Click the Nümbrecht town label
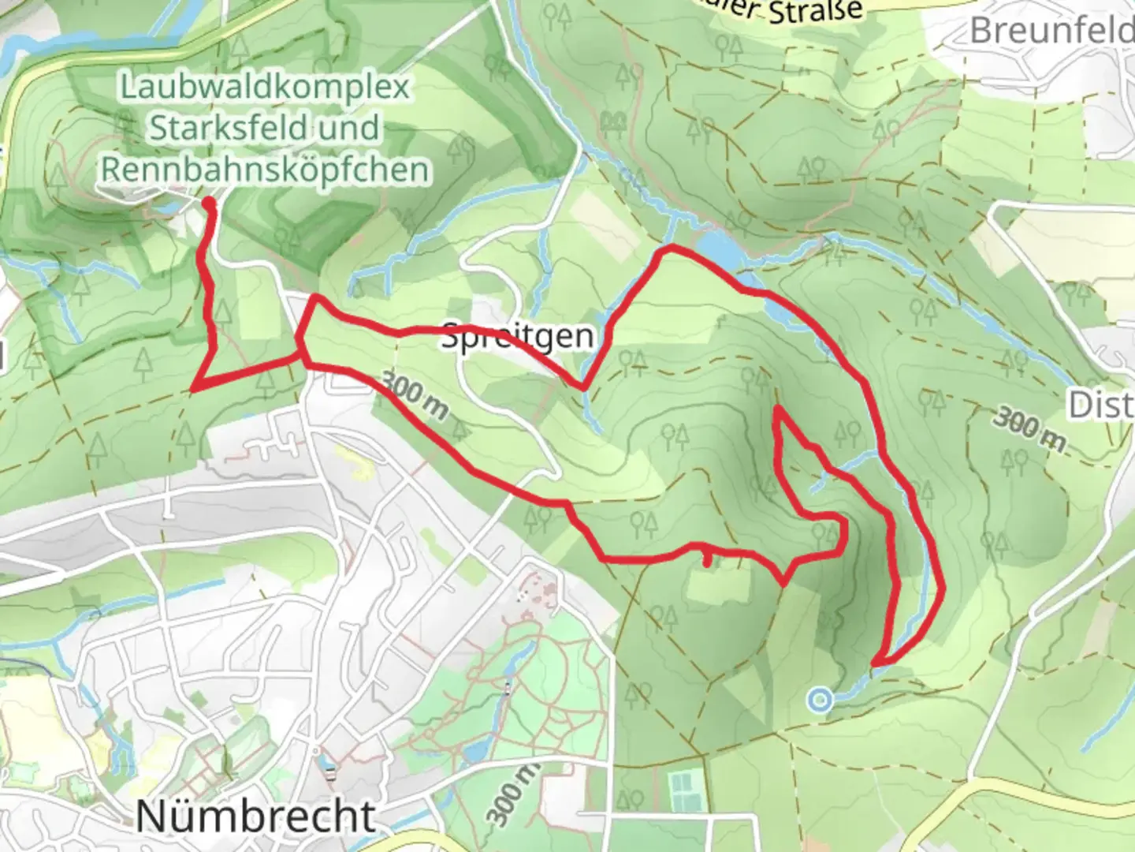point(255,815)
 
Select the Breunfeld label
point(1052,32)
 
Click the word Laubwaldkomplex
point(265,87)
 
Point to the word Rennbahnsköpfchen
point(265,169)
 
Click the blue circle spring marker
point(821,699)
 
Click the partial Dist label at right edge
point(1101,405)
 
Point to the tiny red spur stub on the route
point(707,560)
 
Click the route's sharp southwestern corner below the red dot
point(193,387)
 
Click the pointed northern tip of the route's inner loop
point(779,409)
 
